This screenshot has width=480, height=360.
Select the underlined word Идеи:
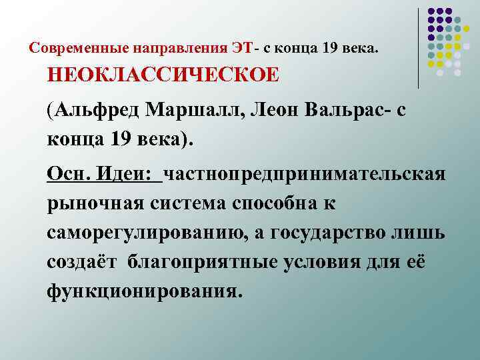129,175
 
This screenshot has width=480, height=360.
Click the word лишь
424,233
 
